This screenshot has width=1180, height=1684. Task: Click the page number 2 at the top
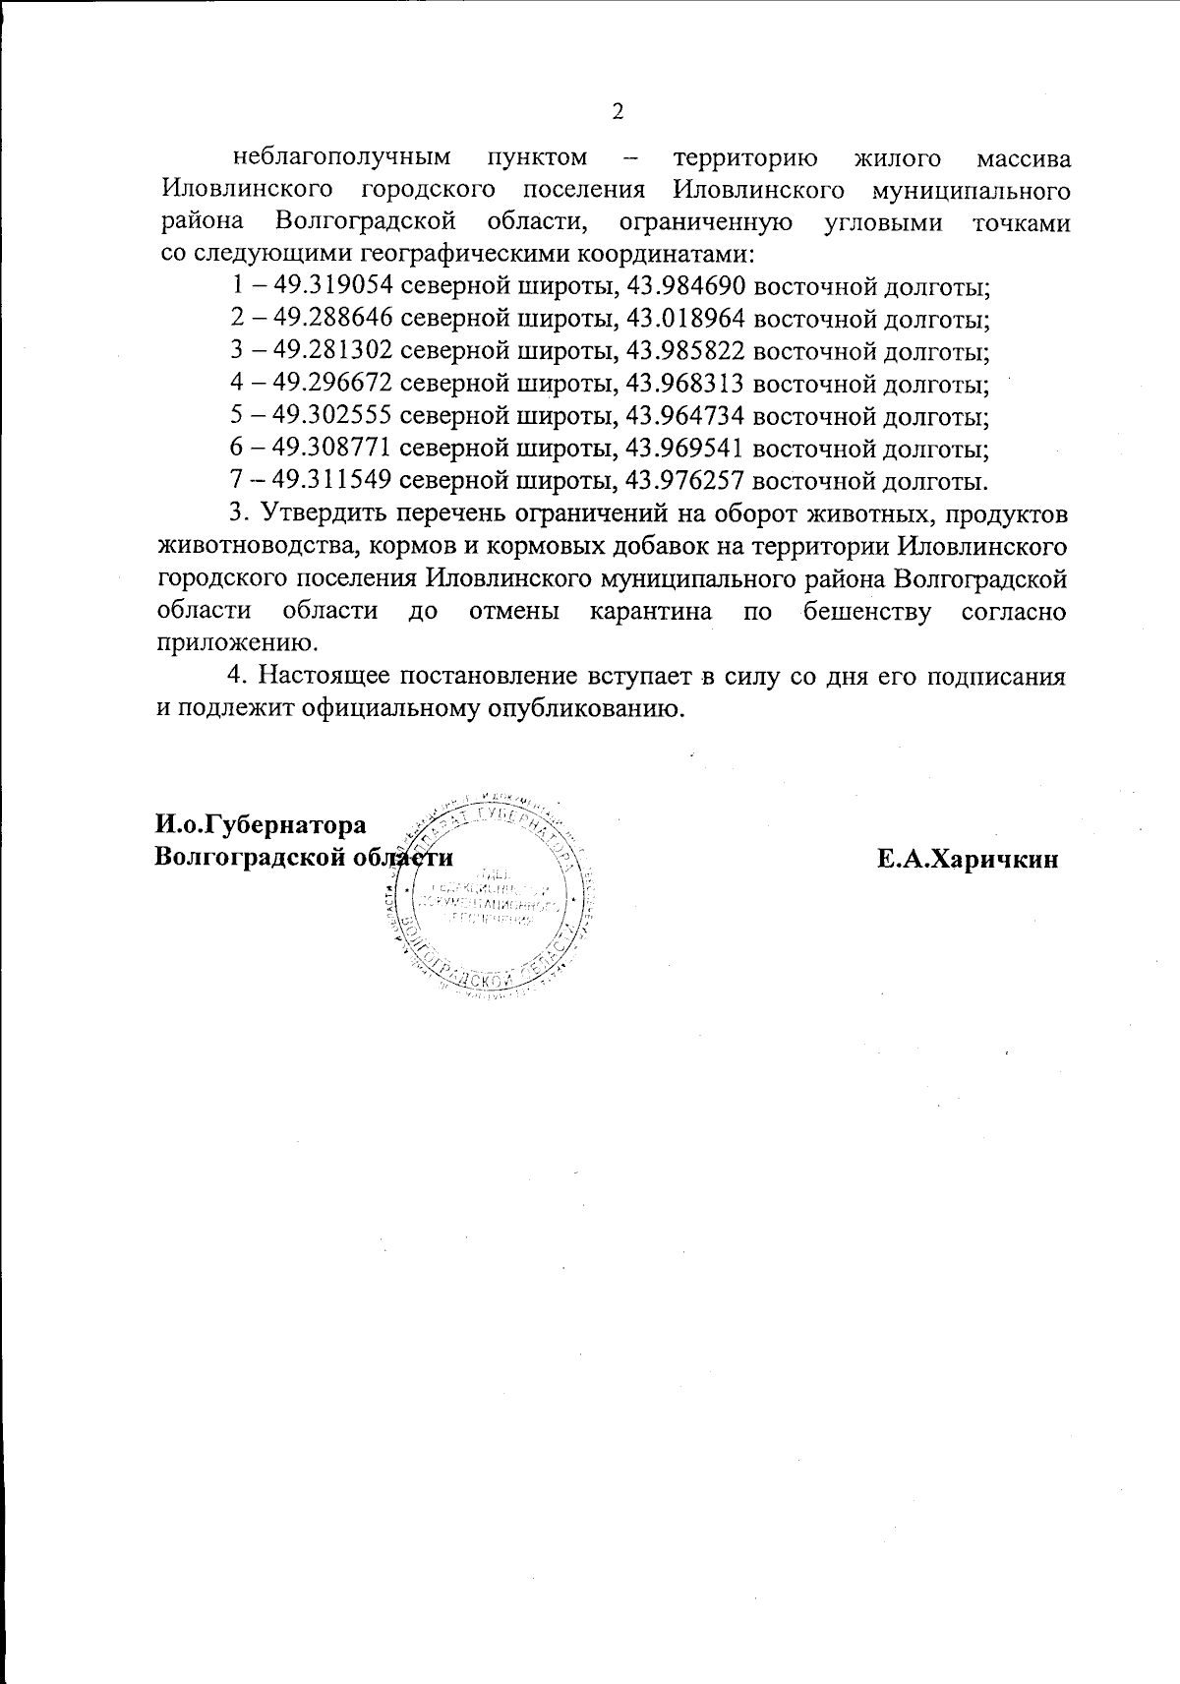618,111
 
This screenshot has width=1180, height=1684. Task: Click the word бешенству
867,612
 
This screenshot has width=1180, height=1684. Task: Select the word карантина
651,612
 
